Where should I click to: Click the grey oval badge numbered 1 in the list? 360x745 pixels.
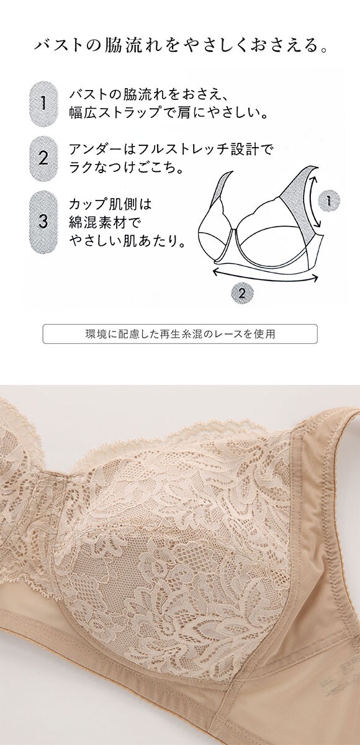click(x=43, y=104)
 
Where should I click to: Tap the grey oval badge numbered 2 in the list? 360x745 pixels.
click(x=43, y=158)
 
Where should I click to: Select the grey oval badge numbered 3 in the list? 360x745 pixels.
click(x=43, y=221)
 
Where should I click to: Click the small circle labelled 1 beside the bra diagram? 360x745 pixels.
click(x=329, y=201)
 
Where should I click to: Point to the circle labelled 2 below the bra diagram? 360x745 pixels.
click(x=242, y=292)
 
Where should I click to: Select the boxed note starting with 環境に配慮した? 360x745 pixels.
click(x=180, y=333)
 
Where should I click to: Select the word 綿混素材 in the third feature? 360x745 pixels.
click(x=95, y=222)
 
